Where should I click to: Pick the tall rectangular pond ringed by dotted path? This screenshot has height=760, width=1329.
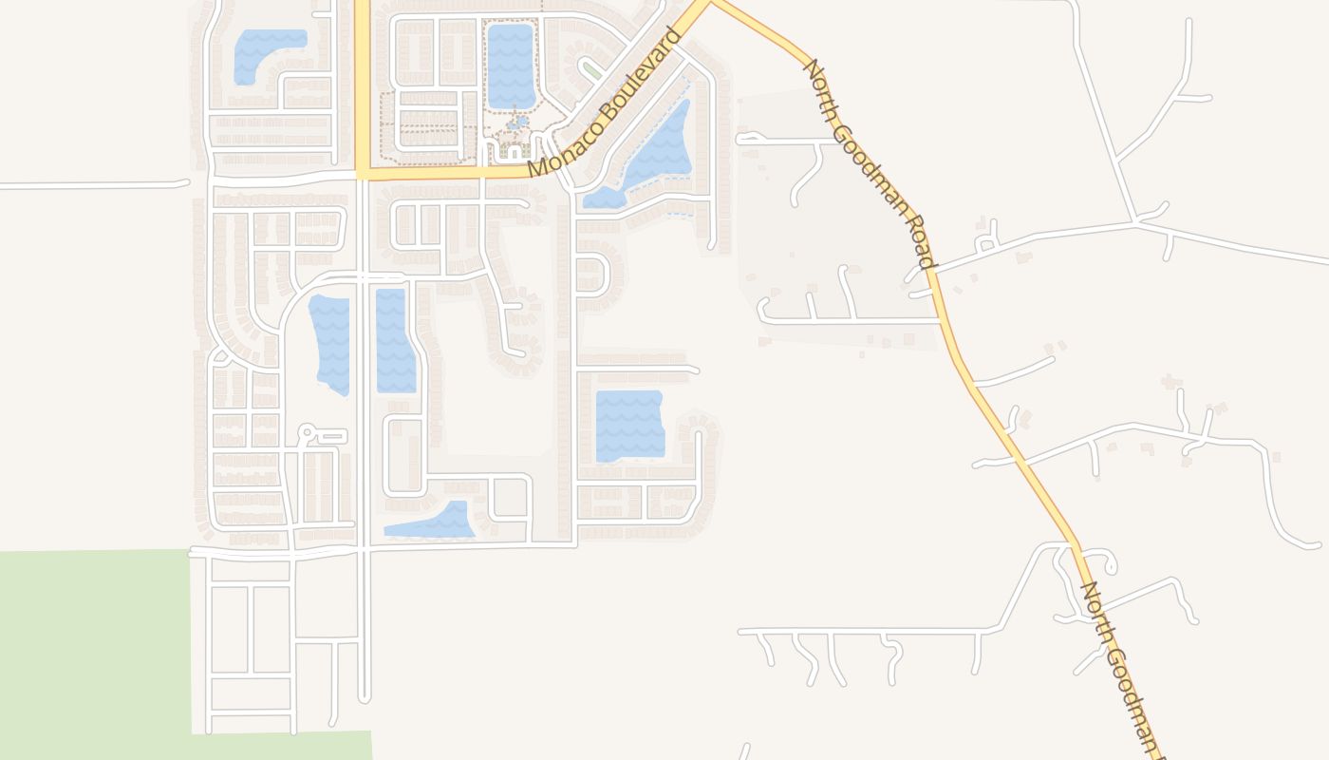tap(511, 65)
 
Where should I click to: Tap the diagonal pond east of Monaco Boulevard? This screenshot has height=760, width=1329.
tap(655, 152)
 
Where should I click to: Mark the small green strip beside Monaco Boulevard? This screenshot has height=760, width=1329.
tap(591, 70)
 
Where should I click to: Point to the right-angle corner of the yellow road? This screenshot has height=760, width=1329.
tap(363, 174)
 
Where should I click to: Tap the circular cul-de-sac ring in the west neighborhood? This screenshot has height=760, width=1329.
tap(306, 432)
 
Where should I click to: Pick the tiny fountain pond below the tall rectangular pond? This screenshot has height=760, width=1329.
tap(517, 122)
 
